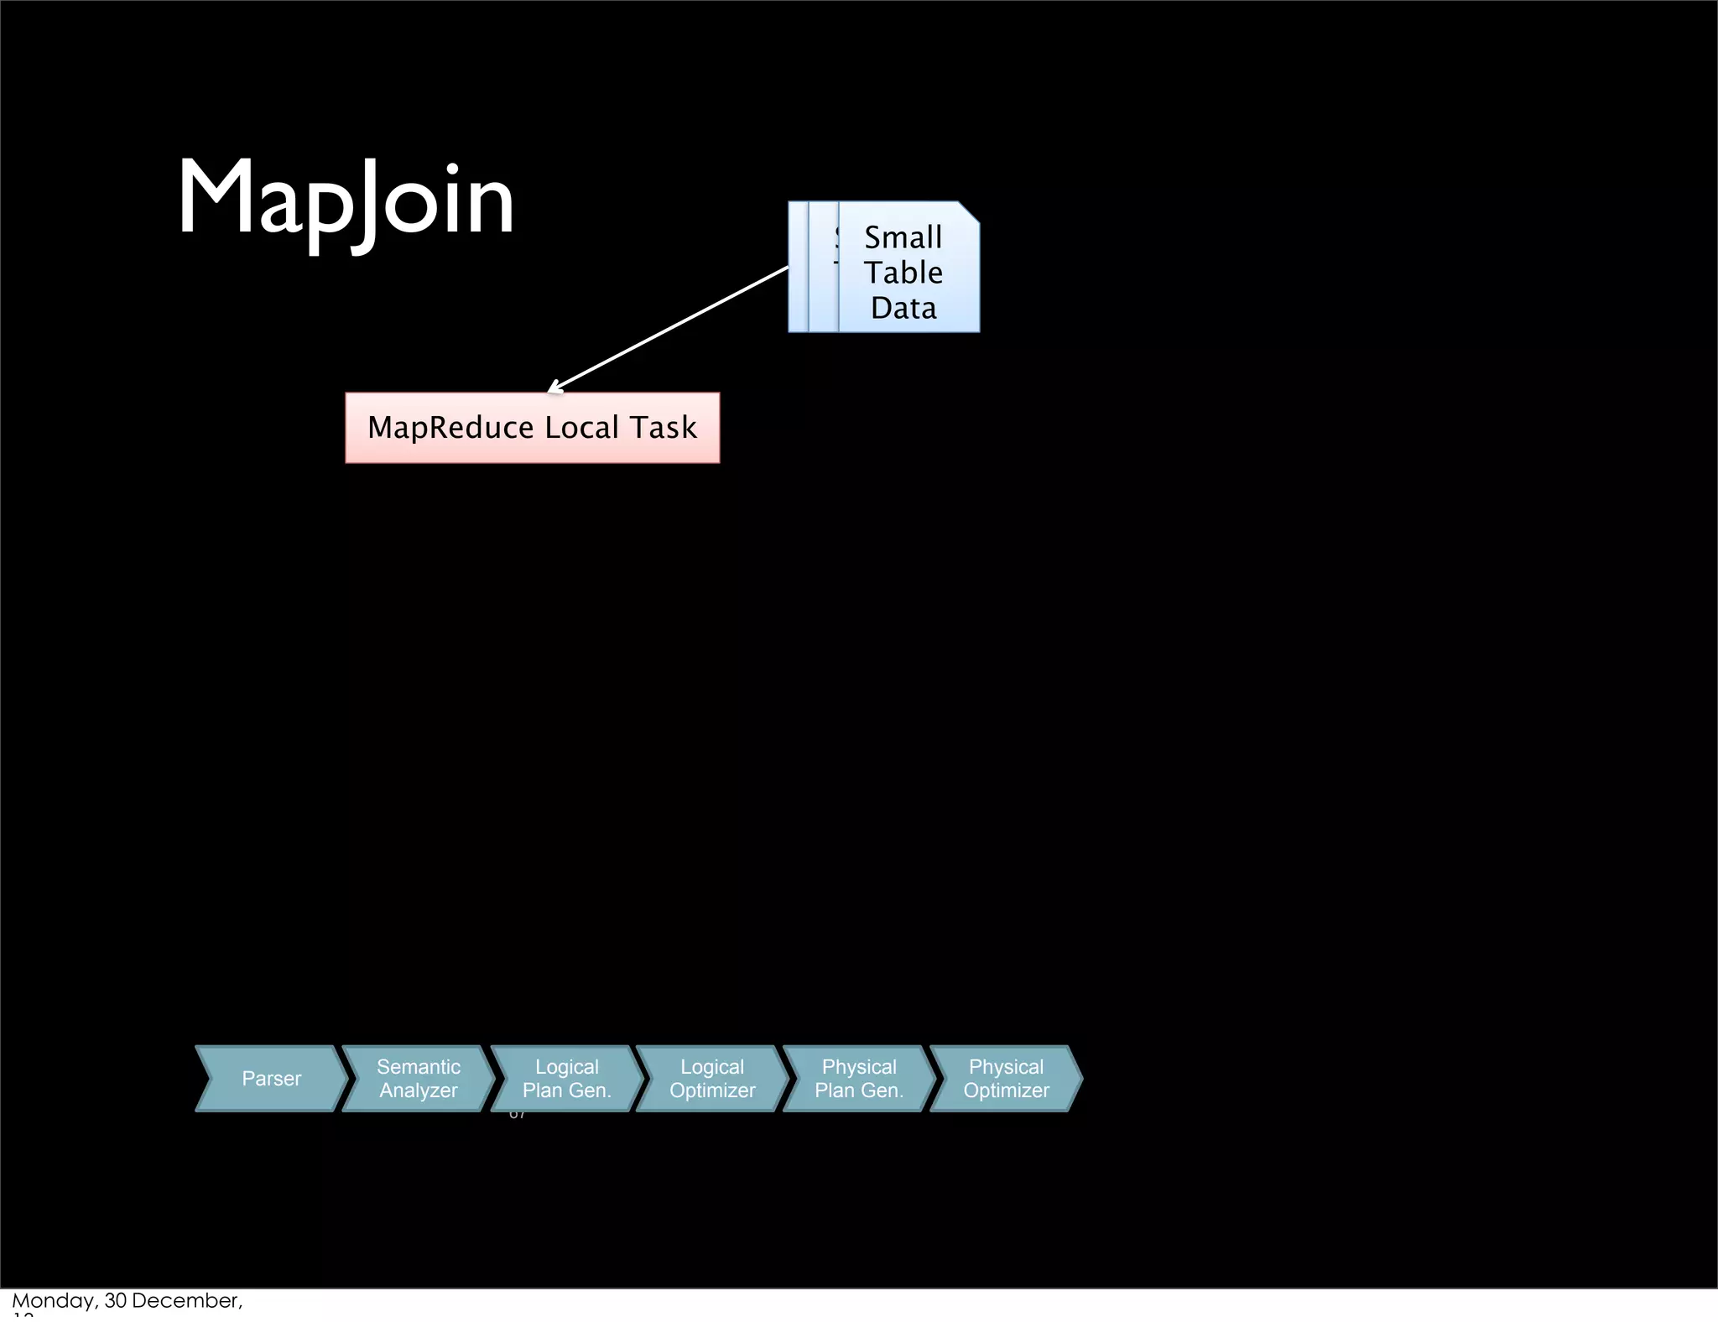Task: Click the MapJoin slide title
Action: (x=345, y=200)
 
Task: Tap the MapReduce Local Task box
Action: (x=532, y=428)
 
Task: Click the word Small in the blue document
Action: (x=903, y=237)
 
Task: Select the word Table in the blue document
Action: (x=903, y=273)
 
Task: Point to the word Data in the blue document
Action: (x=903, y=308)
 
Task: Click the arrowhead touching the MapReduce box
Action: (x=553, y=388)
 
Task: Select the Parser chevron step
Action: (x=271, y=1079)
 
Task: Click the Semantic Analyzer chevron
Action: (x=418, y=1079)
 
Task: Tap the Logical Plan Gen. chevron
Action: (x=566, y=1079)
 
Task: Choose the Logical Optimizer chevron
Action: (x=712, y=1079)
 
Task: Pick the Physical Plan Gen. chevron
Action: (x=859, y=1079)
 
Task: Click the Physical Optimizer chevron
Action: (x=1006, y=1079)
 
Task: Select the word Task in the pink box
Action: (x=664, y=428)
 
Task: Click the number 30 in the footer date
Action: (x=115, y=1301)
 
